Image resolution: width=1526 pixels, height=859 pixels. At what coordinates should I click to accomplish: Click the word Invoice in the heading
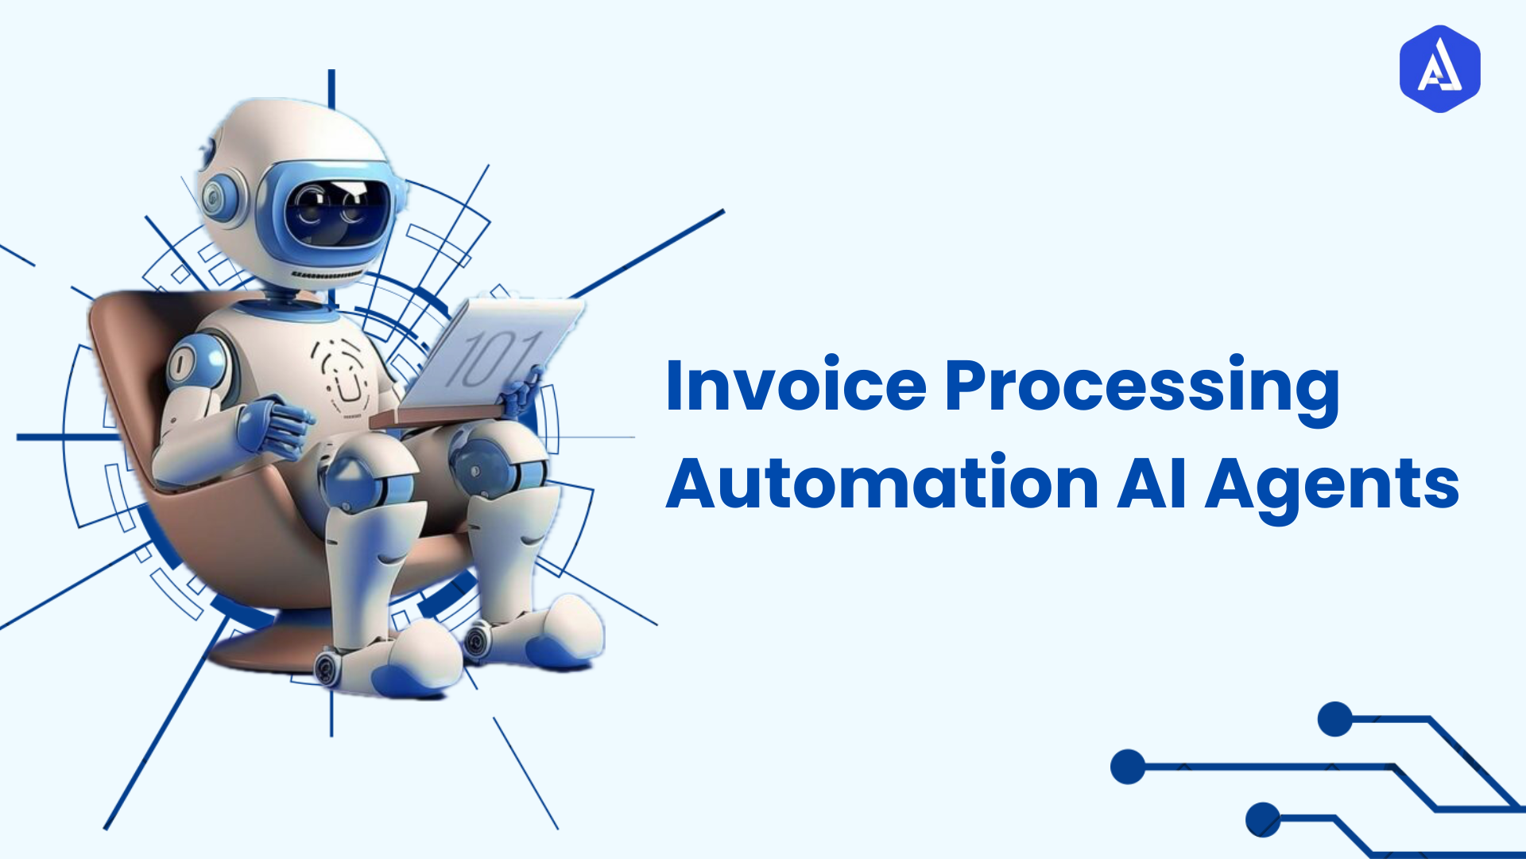pos(796,386)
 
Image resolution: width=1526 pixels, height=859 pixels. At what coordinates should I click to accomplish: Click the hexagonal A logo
pos(1439,68)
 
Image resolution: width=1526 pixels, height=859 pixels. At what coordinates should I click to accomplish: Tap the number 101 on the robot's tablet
pos(494,359)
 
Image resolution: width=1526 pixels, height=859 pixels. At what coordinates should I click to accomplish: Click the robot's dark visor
pos(338,211)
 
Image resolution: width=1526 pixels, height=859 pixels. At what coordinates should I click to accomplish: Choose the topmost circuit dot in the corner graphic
pos(1334,719)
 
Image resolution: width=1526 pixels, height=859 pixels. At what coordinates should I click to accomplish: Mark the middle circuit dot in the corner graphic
pos(1127,767)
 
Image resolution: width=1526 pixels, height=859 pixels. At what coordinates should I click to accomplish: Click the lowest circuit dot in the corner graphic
pos(1262,819)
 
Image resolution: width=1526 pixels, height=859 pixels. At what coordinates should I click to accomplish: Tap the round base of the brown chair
pos(262,648)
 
